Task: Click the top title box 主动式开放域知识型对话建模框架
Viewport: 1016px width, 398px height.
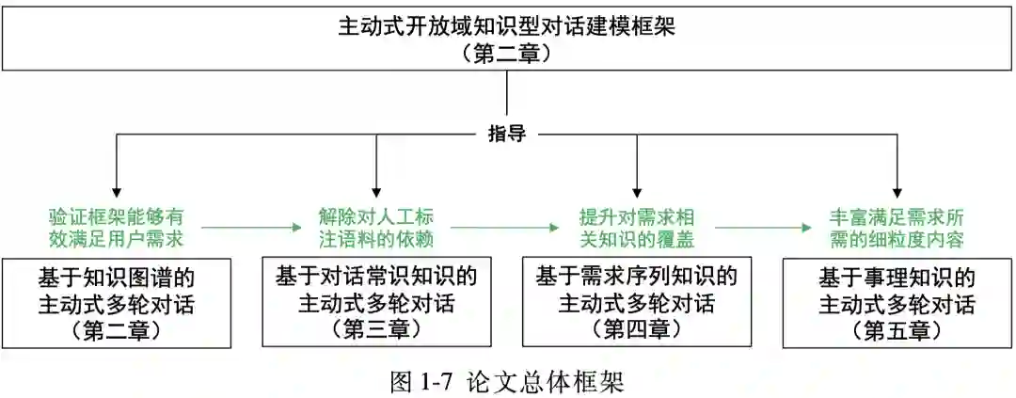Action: coord(507,38)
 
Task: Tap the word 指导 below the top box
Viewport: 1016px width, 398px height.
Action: coord(507,134)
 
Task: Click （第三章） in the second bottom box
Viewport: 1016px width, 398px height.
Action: coord(375,329)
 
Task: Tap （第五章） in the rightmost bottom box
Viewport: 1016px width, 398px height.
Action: coord(897,330)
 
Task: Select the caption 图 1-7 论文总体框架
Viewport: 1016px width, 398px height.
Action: coord(507,381)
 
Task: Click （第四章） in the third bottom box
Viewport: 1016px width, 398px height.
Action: coord(637,329)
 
